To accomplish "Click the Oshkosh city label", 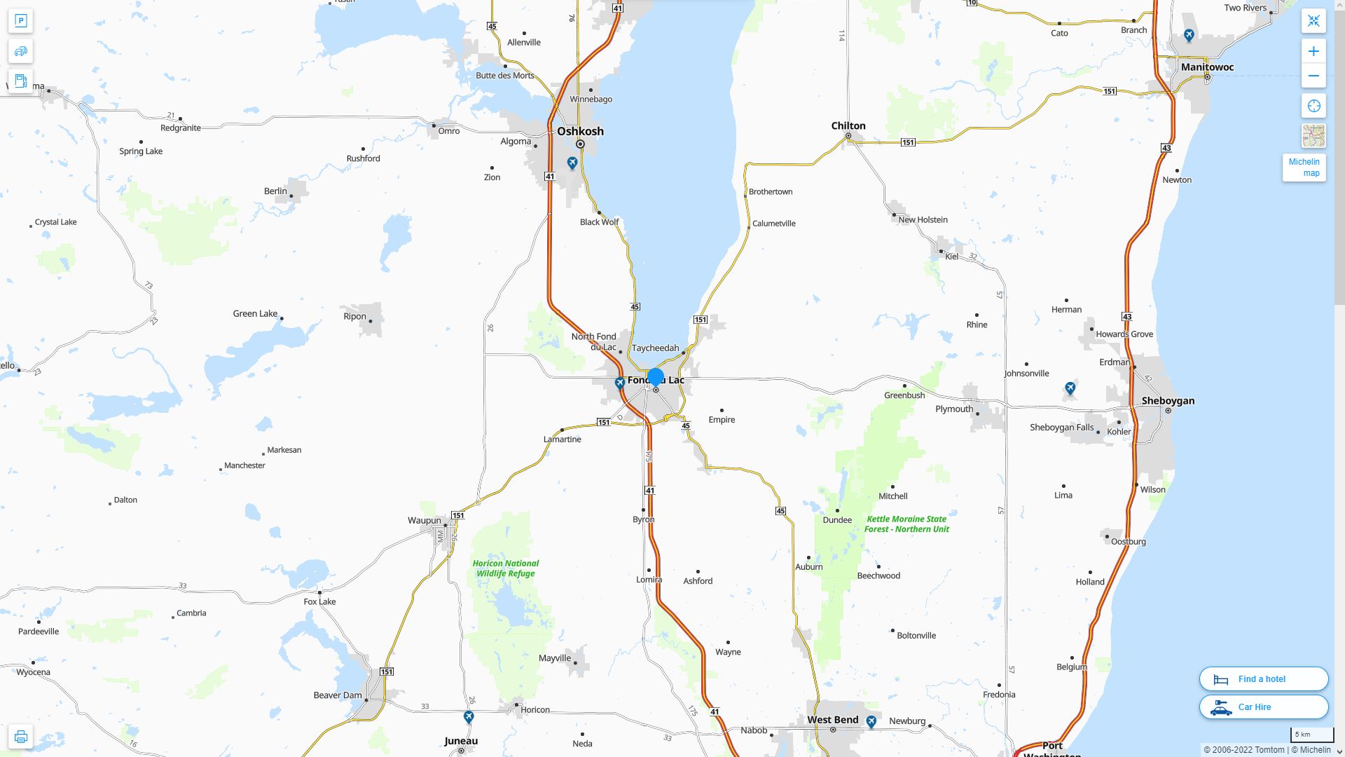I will click(x=580, y=131).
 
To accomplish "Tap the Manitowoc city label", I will click(x=1207, y=67).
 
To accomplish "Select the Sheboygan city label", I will click(x=1168, y=401).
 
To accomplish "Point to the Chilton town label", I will click(x=848, y=126).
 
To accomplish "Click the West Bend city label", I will click(x=832, y=720).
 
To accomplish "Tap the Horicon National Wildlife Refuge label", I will click(x=505, y=568).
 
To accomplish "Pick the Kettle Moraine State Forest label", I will click(x=906, y=524).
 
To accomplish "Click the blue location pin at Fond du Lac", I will click(x=656, y=377).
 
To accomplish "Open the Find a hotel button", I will click(x=1263, y=679).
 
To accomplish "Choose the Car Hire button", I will click(x=1263, y=707).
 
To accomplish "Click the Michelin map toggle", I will click(x=1304, y=168).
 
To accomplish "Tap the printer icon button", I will click(x=20, y=737).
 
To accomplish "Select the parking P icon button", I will click(x=20, y=21).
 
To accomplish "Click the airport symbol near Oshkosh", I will click(x=572, y=163).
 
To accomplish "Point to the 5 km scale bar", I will click(x=1311, y=735).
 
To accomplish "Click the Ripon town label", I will click(x=354, y=316).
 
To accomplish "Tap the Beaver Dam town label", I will click(x=337, y=695).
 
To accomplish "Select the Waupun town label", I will click(x=425, y=521).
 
